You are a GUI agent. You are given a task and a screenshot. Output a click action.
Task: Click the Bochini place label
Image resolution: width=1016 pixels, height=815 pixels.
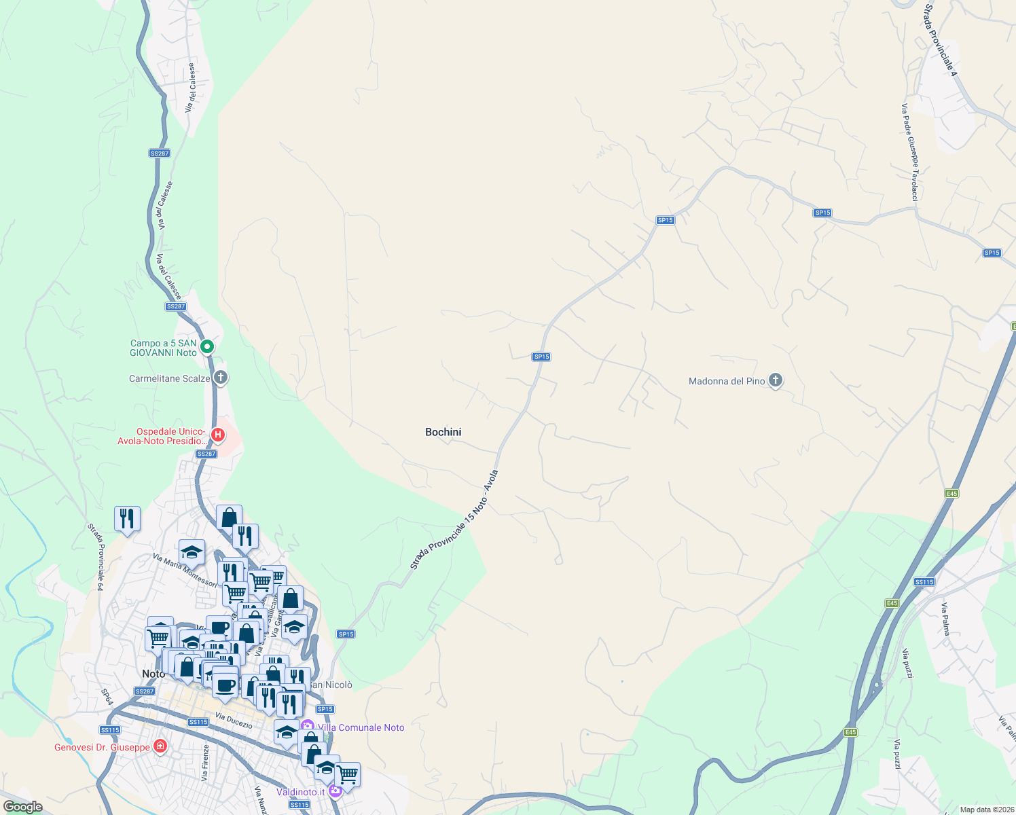(443, 432)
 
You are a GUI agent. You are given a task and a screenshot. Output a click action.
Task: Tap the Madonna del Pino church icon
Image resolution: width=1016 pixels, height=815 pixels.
(776, 380)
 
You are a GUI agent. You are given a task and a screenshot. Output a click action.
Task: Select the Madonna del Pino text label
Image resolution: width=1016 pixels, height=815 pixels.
(727, 381)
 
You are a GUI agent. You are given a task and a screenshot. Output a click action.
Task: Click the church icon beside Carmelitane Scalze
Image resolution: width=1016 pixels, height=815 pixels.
(219, 378)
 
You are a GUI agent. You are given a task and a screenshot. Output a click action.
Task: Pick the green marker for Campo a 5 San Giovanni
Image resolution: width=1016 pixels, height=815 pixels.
(208, 347)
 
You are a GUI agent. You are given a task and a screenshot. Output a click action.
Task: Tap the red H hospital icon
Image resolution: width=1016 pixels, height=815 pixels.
(218, 435)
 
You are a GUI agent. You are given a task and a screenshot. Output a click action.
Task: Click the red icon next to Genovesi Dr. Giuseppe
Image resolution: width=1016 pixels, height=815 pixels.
(160, 747)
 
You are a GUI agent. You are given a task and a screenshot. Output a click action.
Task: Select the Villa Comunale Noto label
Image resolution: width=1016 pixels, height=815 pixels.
(361, 727)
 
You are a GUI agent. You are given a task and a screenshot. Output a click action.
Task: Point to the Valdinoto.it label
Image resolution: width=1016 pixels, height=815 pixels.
(300, 792)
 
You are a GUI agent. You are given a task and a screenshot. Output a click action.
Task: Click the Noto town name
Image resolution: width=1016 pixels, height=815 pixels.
(153, 674)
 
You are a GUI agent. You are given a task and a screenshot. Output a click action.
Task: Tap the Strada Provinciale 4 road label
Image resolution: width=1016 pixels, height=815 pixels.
(940, 39)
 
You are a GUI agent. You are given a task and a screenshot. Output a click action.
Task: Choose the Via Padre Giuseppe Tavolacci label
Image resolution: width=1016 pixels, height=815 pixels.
(910, 152)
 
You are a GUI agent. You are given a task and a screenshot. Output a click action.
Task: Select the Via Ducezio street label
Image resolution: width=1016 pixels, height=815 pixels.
(234, 721)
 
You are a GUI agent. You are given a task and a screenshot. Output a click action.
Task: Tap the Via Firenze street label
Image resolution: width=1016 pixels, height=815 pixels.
(206, 762)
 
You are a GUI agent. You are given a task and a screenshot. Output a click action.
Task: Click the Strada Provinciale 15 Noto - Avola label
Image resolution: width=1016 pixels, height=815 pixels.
(454, 520)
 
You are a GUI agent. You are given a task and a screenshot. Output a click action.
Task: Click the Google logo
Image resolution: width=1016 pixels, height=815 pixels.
(22, 807)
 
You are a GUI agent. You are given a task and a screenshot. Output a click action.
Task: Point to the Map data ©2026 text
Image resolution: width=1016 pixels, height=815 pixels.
(986, 810)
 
